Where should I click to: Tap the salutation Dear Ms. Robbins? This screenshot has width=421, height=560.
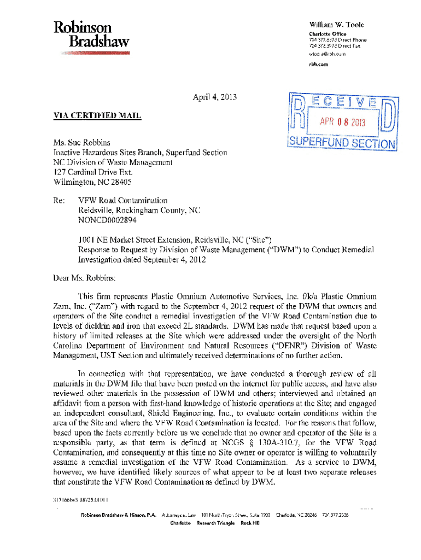[x=85, y=278]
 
